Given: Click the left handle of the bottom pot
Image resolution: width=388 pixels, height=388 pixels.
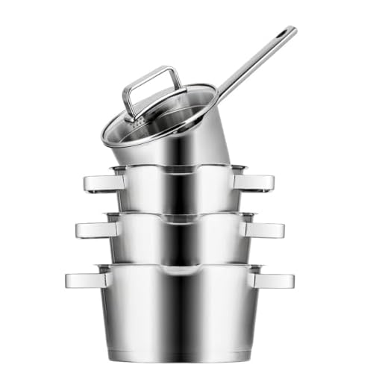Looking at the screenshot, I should point(86,280).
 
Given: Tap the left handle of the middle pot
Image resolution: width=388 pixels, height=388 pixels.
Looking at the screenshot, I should point(95,229).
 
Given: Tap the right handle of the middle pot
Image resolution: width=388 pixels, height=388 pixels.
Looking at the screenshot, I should point(264,229).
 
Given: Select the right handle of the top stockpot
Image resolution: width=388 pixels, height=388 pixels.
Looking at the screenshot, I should point(254,182).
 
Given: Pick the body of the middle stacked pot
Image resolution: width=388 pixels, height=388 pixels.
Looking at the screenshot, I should point(179,239).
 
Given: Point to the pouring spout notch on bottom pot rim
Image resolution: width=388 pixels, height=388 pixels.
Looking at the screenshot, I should point(179,267).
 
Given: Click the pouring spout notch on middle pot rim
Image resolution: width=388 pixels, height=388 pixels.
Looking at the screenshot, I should point(179,218).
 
